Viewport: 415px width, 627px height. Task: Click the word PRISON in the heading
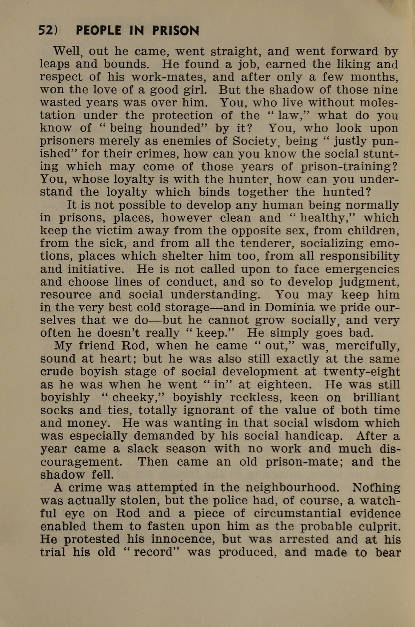click(x=176, y=31)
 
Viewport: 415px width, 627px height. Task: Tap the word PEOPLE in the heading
click(x=98, y=31)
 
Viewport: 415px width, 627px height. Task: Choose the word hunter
click(x=252, y=180)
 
